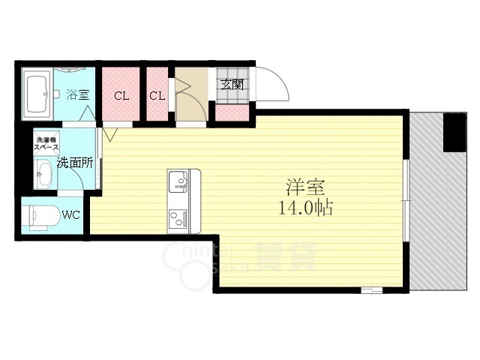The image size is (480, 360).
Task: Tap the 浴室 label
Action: [x=77, y=94]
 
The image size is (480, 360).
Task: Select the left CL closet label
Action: [x=121, y=96]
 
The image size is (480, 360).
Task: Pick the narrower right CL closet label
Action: [x=157, y=96]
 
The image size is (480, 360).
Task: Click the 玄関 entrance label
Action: [x=230, y=84]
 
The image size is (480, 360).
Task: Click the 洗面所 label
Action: [x=74, y=162]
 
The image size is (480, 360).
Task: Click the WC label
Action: [x=71, y=215]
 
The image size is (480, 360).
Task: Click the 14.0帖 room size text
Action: [x=306, y=208]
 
